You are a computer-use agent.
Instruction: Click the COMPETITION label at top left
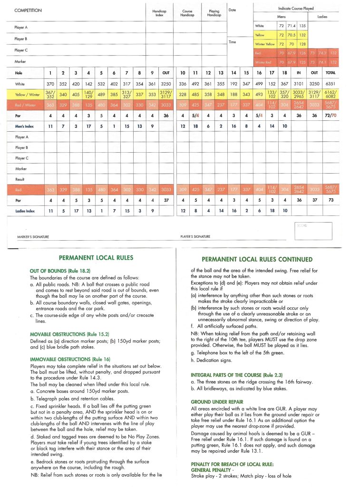pos(29,10)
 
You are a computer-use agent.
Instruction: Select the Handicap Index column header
pos(158,13)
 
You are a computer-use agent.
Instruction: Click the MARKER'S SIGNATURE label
pos(34,236)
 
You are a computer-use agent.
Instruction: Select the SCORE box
pos(316,231)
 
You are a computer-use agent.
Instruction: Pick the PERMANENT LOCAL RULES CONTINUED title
pos(257,260)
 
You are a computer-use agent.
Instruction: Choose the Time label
pos(233,42)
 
